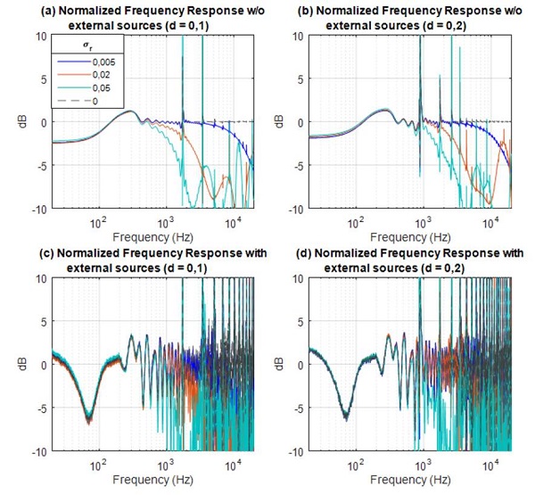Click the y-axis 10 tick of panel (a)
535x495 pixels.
(x=43, y=37)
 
